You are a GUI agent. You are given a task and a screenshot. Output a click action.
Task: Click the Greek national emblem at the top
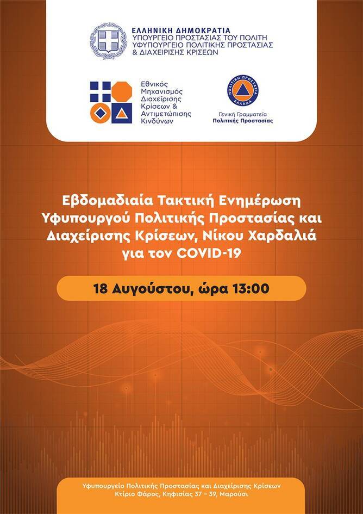[109, 41]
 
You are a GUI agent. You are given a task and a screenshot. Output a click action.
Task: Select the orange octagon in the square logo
[122, 91]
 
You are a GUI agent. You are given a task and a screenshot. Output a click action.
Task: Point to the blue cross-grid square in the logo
[100, 91]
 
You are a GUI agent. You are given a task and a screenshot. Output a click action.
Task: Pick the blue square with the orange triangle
[122, 113]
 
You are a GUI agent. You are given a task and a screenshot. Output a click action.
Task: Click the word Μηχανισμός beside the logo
[161, 91]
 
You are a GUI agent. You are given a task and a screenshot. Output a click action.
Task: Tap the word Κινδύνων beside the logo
[157, 121]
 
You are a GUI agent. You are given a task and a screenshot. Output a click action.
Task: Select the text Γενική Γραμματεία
[243, 115]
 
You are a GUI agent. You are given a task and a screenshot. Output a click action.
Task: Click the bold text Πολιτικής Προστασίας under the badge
[243, 121]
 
